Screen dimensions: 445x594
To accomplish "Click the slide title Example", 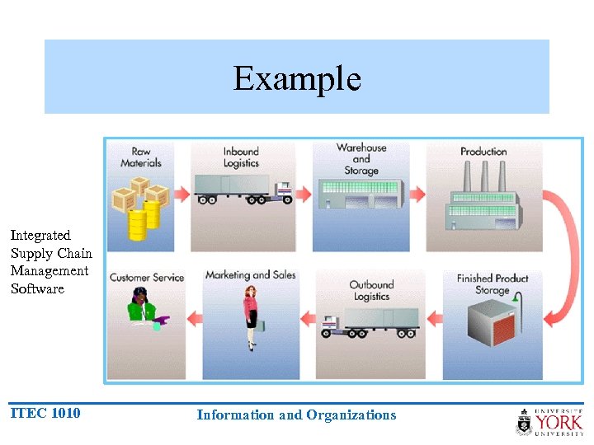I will [297, 79].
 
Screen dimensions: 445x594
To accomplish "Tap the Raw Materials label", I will [140, 157].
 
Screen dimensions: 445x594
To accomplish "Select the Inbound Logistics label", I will [241, 157].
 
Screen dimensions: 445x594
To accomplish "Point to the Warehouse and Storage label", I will [361, 159].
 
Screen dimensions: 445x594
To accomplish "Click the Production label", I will [483, 152].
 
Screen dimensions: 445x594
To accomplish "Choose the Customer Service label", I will [146, 278].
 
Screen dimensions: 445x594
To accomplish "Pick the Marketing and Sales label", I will [250, 275].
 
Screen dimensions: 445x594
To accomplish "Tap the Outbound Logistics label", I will [371, 290].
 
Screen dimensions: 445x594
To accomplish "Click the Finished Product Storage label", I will [493, 284].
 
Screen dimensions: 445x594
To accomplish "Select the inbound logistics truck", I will [243, 187].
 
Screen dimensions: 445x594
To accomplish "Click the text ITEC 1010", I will [45, 413].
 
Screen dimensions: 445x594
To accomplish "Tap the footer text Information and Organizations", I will [296, 415].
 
